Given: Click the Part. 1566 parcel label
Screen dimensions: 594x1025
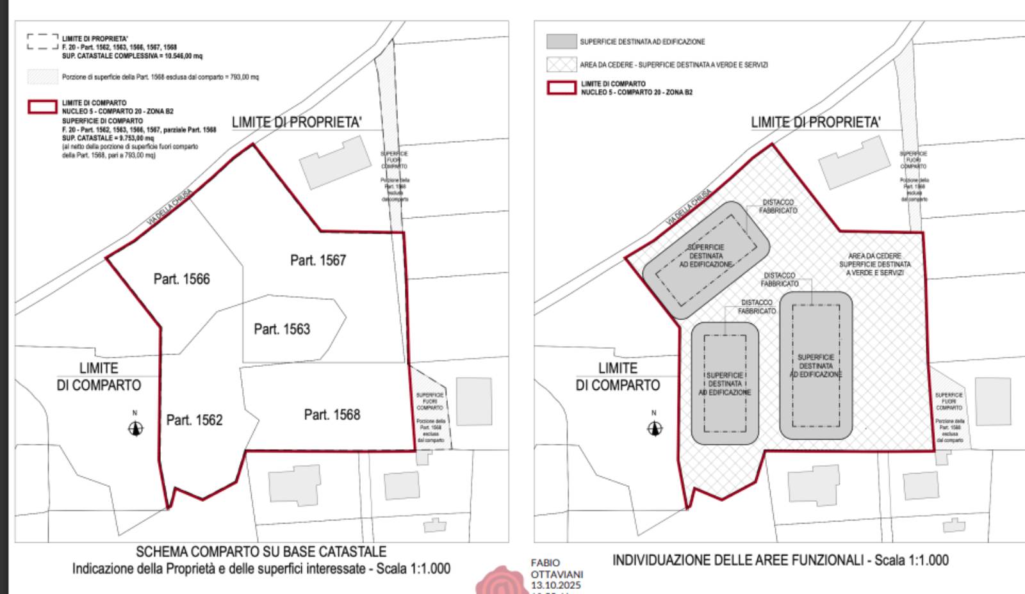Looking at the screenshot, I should [x=181, y=279].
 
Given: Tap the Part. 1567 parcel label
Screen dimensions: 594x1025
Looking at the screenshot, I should [x=318, y=261].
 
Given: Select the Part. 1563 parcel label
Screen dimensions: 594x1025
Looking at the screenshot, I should [x=282, y=329].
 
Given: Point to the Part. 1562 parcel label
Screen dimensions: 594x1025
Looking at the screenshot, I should [x=194, y=420].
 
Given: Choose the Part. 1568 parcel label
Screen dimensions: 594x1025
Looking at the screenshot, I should [x=332, y=415].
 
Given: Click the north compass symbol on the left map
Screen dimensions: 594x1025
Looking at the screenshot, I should [x=135, y=428].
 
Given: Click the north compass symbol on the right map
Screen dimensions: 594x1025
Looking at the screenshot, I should [x=654, y=428].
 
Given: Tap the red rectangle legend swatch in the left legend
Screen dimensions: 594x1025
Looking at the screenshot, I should [x=42, y=107].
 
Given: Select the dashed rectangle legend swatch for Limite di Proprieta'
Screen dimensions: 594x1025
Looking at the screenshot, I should [x=42, y=42].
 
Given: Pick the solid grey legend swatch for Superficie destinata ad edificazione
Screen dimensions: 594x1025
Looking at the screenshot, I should [x=561, y=42].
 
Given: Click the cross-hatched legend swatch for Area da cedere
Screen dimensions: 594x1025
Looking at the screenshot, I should [x=561, y=65].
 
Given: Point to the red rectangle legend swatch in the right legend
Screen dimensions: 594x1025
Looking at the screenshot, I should [x=561, y=88].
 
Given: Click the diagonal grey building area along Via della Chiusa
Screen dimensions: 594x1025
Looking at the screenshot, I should [x=706, y=259].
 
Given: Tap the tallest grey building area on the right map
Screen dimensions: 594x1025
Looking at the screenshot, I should [x=816, y=365].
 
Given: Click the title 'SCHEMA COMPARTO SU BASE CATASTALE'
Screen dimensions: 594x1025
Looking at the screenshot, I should [x=261, y=552].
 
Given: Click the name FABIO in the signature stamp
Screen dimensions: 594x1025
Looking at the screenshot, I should [x=545, y=563].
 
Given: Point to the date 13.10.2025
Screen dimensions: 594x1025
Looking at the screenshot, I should [x=555, y=586].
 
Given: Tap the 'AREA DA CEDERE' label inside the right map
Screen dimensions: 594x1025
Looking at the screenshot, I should [x=874, y=256].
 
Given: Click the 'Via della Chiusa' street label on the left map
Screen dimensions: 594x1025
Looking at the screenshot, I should [x=170, y=207].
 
